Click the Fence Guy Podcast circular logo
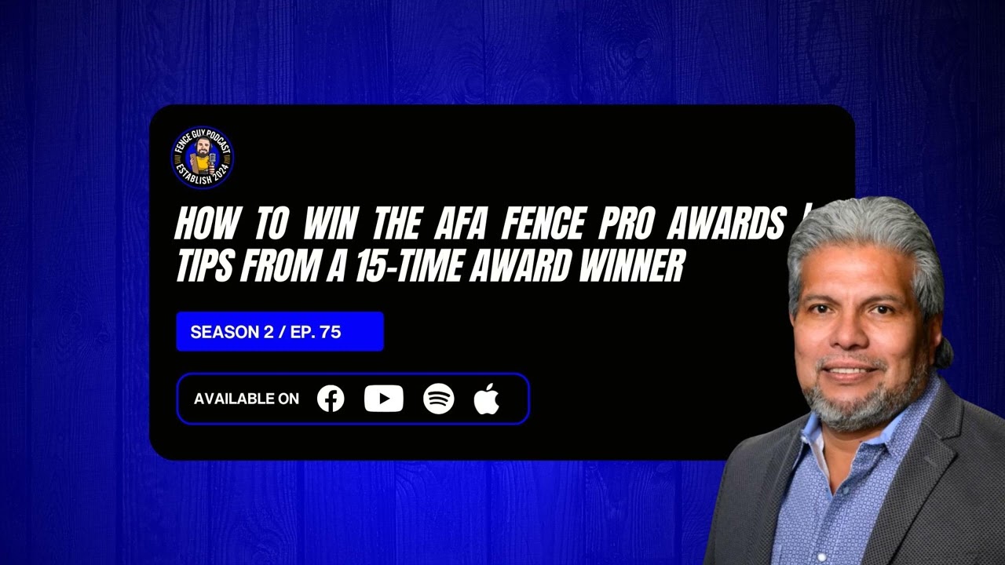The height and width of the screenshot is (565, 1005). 203,158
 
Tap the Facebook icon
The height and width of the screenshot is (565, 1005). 331,399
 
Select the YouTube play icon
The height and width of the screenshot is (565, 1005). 384,399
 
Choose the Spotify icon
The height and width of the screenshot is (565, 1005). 438,399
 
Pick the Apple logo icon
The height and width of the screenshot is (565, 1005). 487,399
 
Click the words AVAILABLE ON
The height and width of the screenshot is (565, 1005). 247,399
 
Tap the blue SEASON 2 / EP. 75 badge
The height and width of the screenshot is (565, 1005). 280,331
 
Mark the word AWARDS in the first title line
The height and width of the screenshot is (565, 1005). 726,225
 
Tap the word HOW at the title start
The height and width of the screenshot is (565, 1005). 205,225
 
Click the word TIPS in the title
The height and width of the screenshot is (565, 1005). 206,268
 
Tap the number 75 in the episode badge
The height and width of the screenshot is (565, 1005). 331,332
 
